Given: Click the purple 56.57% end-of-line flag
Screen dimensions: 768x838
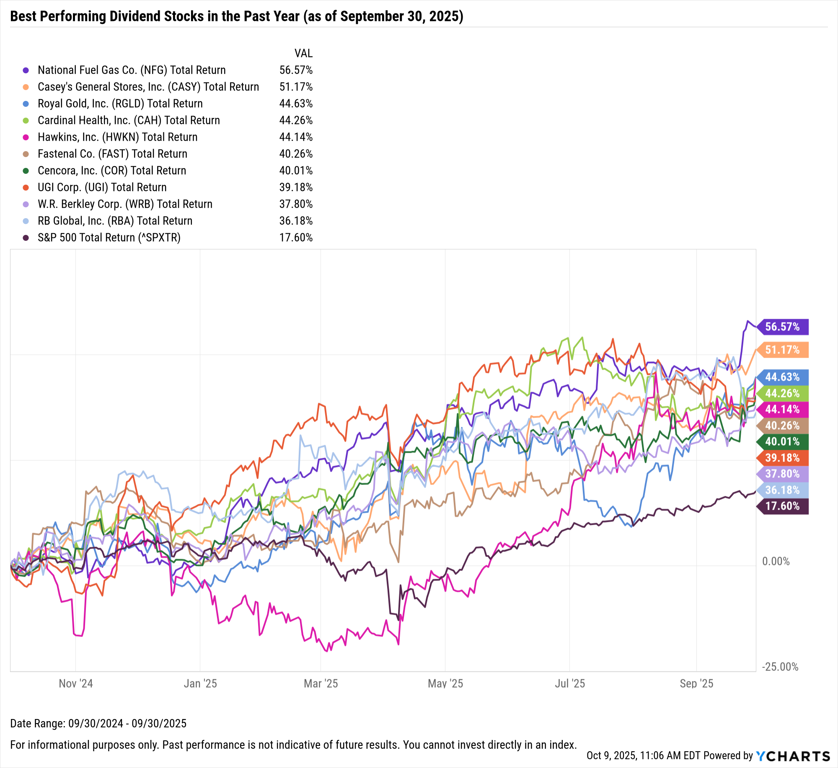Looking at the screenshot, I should click(782, 327).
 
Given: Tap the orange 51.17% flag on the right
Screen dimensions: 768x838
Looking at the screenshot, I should click(782, 350).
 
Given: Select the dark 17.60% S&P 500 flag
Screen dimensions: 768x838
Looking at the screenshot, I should click(782, 506).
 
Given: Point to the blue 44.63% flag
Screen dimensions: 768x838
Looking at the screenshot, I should click(782, 377).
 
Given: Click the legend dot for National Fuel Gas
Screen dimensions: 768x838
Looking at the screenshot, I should click(26, 70).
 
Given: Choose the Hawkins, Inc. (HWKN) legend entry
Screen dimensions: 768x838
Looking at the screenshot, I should click(117, 137).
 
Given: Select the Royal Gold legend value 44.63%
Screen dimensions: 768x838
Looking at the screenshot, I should click(296, 104).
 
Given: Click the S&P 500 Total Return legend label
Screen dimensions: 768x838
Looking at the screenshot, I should click(109, 238).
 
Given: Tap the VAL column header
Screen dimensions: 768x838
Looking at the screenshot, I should click(303, 54).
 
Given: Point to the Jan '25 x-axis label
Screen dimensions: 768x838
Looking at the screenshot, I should click(200, 684).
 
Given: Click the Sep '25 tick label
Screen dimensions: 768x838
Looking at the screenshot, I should click(696, 684).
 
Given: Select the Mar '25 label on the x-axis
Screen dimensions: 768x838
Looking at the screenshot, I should click(321, 684).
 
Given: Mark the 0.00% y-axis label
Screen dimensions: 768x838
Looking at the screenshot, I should click(776, 562).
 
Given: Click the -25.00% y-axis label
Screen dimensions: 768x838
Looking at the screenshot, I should click(780, 667).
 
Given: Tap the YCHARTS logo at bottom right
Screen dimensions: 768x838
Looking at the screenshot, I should click(793, 756).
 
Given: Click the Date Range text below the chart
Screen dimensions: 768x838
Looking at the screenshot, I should click(98, 724).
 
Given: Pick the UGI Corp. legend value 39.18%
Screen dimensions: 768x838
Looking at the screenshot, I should click(296, 188).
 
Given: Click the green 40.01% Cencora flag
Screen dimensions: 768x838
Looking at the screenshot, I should click(782, 442).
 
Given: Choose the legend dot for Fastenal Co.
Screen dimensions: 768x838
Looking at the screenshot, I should click(26, 154).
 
